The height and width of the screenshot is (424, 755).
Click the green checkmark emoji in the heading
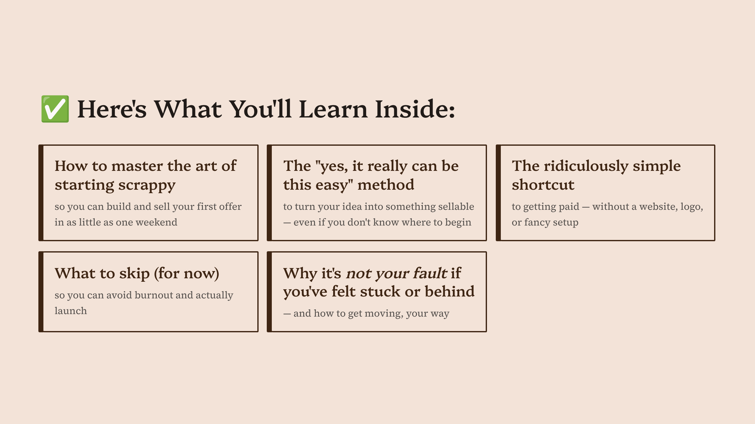pyautogui.click(x=55, y=109)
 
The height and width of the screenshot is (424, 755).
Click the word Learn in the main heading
pyautogui.click(x=333, y=109)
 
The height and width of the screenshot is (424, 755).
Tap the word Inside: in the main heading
pyautogui.click(x=415, y=109)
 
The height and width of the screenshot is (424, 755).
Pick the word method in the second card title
pyautogui.click(x=386, y=185)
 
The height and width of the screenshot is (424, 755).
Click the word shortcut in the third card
pyautogui.click(x=543, y=185)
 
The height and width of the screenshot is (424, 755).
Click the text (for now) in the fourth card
pyautogui.click(x=187, y=273)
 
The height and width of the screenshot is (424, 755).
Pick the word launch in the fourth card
pyautogui.click(x=71, y=311)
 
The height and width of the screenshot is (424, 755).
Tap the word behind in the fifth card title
pyautogui.click(x=450, y=291)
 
